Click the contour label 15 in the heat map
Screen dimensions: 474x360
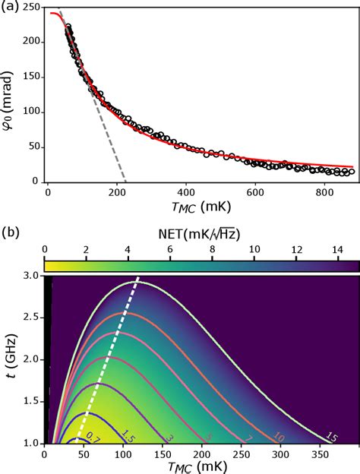point(309,436)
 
